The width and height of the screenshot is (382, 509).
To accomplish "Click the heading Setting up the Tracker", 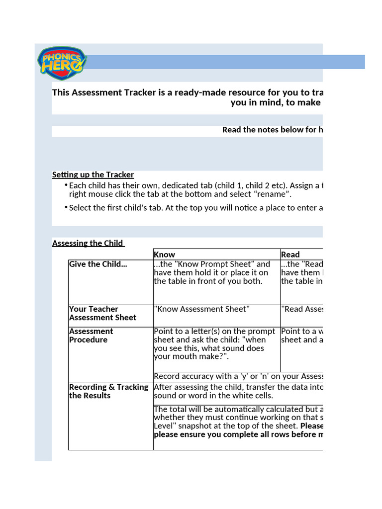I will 93,174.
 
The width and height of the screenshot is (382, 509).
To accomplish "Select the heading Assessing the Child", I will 88,243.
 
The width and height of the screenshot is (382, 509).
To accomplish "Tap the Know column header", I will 165,254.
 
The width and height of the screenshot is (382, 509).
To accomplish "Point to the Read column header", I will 290,254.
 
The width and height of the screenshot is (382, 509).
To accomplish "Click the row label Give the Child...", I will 98,264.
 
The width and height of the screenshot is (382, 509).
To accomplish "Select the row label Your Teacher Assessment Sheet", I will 102,313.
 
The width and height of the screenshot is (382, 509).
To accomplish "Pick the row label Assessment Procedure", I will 92,336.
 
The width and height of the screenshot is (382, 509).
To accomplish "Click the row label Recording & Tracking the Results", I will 108,391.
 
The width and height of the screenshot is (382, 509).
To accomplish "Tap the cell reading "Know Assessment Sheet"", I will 202,309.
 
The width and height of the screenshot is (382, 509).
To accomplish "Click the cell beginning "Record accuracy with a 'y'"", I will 238,376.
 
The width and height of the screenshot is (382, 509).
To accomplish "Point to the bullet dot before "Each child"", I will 66,185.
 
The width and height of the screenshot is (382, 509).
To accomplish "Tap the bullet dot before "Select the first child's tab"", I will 66,208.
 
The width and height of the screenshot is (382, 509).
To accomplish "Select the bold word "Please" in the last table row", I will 311,426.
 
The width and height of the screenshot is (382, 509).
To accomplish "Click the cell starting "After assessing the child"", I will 238,391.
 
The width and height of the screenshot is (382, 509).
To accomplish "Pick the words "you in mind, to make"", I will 276,103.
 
